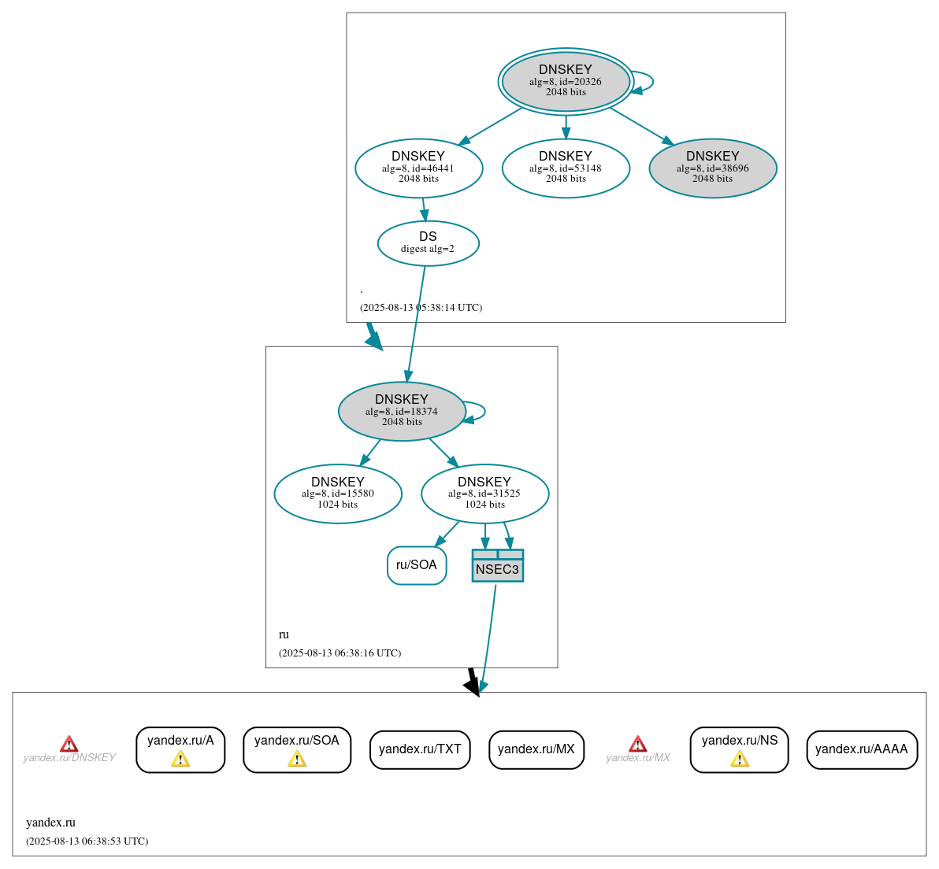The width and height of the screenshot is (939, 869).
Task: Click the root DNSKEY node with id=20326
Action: tap(566, 81)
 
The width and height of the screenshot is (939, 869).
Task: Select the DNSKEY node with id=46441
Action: tap(418, 168)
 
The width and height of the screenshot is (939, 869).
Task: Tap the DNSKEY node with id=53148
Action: tap(566, 168)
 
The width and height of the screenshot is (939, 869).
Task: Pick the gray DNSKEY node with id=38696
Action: tap(713, 168)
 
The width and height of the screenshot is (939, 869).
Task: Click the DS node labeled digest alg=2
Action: tap(428, 242)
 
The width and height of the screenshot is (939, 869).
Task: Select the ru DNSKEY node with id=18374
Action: tap(402, 411)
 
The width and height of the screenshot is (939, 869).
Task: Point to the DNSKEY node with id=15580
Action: tap(338, 494)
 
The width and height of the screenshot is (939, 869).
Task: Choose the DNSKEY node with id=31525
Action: tap(484, 494)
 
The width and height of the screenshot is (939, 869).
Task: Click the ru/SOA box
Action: tap(417, 565)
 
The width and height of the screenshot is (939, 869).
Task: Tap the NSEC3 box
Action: tap(497, 566)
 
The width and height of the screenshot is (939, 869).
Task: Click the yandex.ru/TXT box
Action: tap(420, 749)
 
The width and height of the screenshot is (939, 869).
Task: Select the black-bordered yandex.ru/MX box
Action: tap(536, 749)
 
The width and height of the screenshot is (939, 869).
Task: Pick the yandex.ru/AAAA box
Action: tap(862, 749)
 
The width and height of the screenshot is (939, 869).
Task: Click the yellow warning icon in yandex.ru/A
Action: tap(180, 759)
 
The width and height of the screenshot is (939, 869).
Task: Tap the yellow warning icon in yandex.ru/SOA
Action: tap(297, 759)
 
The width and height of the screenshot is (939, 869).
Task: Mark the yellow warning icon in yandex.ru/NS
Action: tap(740, 759)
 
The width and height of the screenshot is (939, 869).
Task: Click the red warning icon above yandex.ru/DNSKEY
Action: tap(69, 744)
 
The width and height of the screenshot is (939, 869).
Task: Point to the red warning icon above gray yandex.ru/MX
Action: tap(638, 744)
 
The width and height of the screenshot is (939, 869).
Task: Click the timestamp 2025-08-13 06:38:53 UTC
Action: tap(87, 841)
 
